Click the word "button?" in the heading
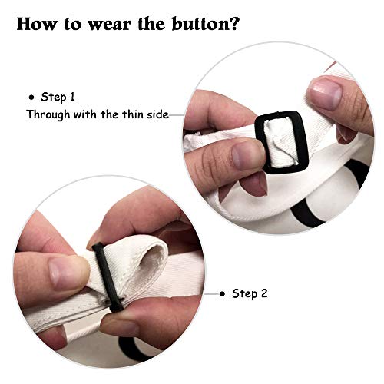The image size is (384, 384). (206, 24)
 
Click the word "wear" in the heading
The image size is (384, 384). (110, 25)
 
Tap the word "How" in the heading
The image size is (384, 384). (36, 24)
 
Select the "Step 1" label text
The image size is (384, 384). (58, 97)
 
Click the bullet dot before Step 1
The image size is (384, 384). (31, 98)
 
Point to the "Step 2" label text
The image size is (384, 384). (250, 293)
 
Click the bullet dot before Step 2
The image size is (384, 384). (223, 293)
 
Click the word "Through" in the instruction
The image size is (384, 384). (48, 114)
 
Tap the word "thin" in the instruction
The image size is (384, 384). (133, 114)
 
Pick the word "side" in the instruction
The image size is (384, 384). (157, 114)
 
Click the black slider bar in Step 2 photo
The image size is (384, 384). (108, 277)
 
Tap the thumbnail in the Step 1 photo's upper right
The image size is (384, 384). (325, 93)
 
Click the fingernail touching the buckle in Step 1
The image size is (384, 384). (247, 154)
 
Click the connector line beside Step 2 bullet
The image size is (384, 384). (212, 294)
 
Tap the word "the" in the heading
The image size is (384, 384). (151, 24)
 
